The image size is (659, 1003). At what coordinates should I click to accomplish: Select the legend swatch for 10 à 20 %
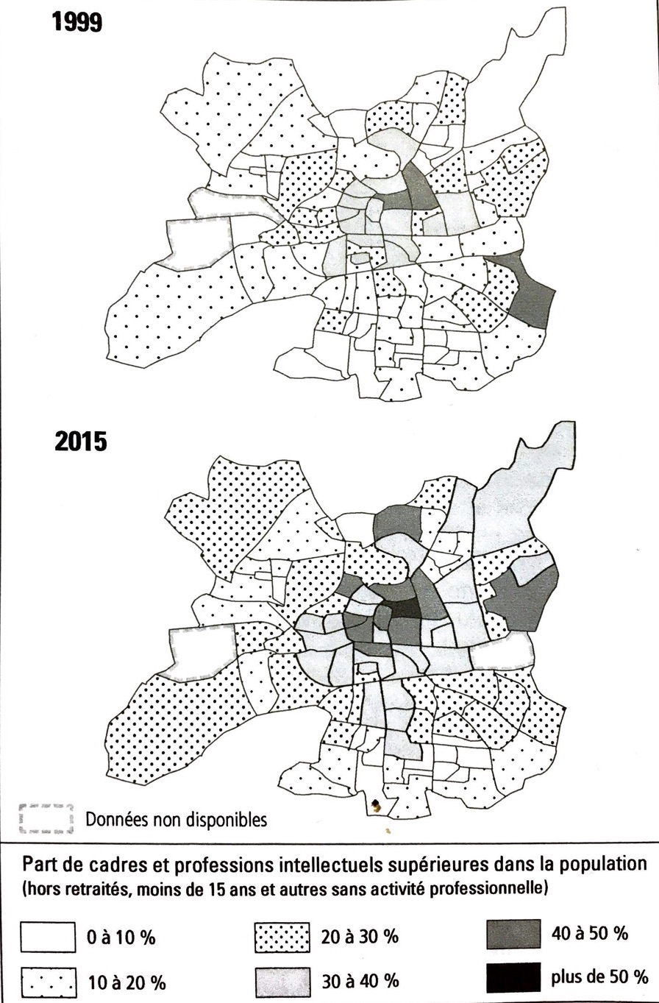pyautogui.click(x=48, y=981)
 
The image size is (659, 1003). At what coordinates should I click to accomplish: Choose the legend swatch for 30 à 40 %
pyautogui.click(x=282, y=980)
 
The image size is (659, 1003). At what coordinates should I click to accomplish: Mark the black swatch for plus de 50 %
pyautogui.click(x=513, y=977)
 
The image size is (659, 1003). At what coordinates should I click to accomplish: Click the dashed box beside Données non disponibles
pyautogui.click(x=46, y=819)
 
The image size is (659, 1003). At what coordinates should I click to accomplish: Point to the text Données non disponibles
pyautogui.click(x=177, y=819)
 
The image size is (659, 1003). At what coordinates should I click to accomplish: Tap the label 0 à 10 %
pyautogui.click(x=121, y=938)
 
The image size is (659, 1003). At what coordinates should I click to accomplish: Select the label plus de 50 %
pyautogui.click(x=599, y=977)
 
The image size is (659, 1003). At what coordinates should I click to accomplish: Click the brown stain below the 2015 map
pyautogui.click(x=377, y=806)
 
